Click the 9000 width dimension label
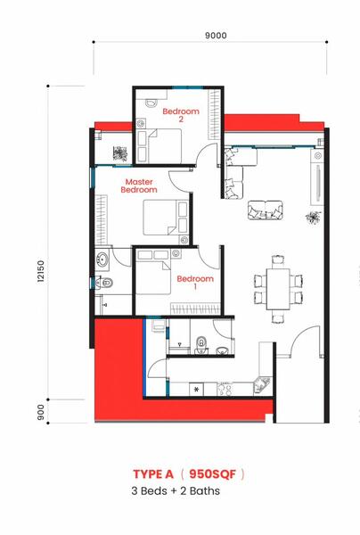click(216, 36)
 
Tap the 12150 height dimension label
click(41, 271)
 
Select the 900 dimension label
click(41, 412)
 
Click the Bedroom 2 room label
click(181, 115)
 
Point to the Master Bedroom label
click(139, 186)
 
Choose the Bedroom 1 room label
click(195, 283)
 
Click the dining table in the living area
click(278, 289)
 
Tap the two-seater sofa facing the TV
click(266, 210)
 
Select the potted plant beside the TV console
click(314, 218)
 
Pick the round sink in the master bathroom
click(102, 259)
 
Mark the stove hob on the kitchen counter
click(225, 389)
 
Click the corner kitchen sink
click(263, 385)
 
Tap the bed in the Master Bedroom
click(166, 218)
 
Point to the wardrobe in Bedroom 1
click(195, 309)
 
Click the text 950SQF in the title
click(212, 474)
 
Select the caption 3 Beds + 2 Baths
click(176, 491)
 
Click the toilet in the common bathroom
click(201, 344)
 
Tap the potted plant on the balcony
click(120, 153)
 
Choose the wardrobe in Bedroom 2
click(215, 114)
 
